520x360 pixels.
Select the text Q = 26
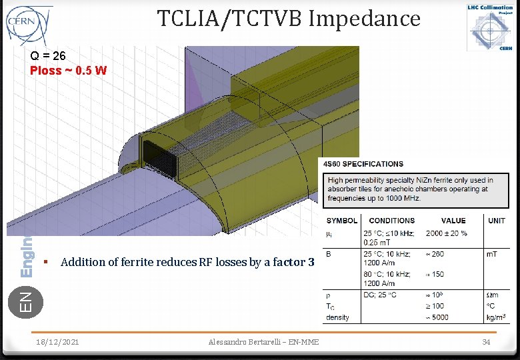(48, 57)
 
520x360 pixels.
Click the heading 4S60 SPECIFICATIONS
(363, 164)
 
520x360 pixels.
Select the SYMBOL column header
(341, 221)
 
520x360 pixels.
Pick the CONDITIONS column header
(391, 221)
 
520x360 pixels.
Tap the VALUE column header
(454, 221)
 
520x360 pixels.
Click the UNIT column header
(497, 221)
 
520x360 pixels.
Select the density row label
(337, 318)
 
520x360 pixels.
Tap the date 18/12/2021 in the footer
(57, 342)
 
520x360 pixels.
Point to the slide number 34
(486, 342)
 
